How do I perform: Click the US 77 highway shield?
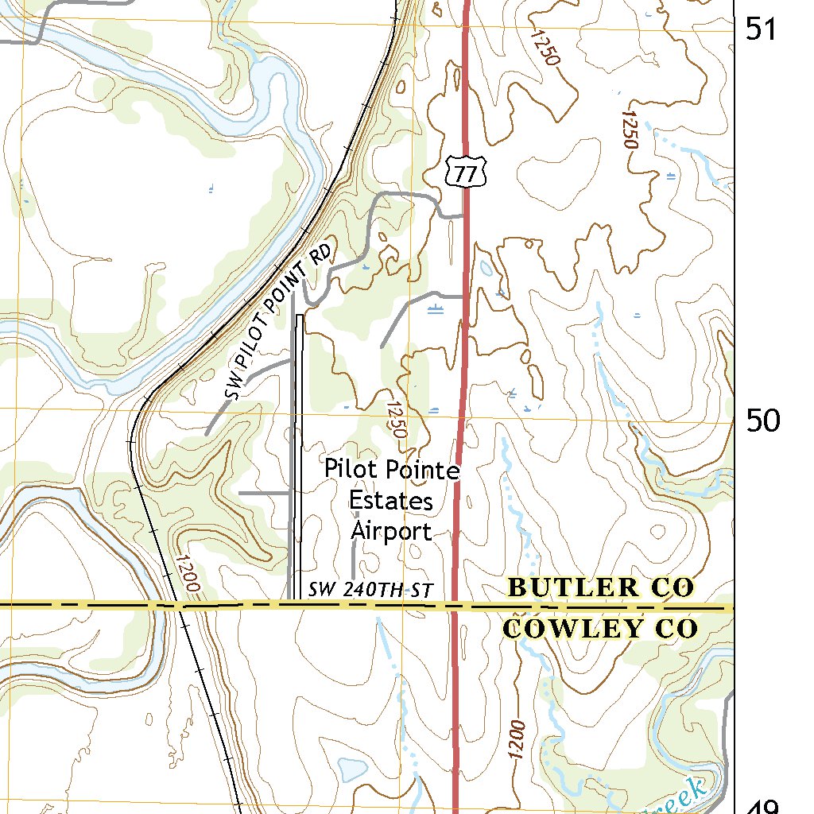pos(466,172)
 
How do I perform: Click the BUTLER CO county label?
pos(601,588)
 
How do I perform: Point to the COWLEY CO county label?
pos(601,629)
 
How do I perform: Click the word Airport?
pos(392,530)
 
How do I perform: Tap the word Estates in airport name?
pos(391,501)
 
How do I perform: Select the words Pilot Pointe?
pos(392,470)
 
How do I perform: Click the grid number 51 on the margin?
pos(762,29)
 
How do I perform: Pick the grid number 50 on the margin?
pos(762,420)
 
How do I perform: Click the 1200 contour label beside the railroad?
pos(185,573)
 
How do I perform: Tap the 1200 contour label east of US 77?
pos(517,739)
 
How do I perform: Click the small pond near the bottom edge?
pos(350,769)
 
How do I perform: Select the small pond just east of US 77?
pos(485,268)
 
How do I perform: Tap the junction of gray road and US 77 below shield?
pos(464,215)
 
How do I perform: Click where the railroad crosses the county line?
pos(180,606)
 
